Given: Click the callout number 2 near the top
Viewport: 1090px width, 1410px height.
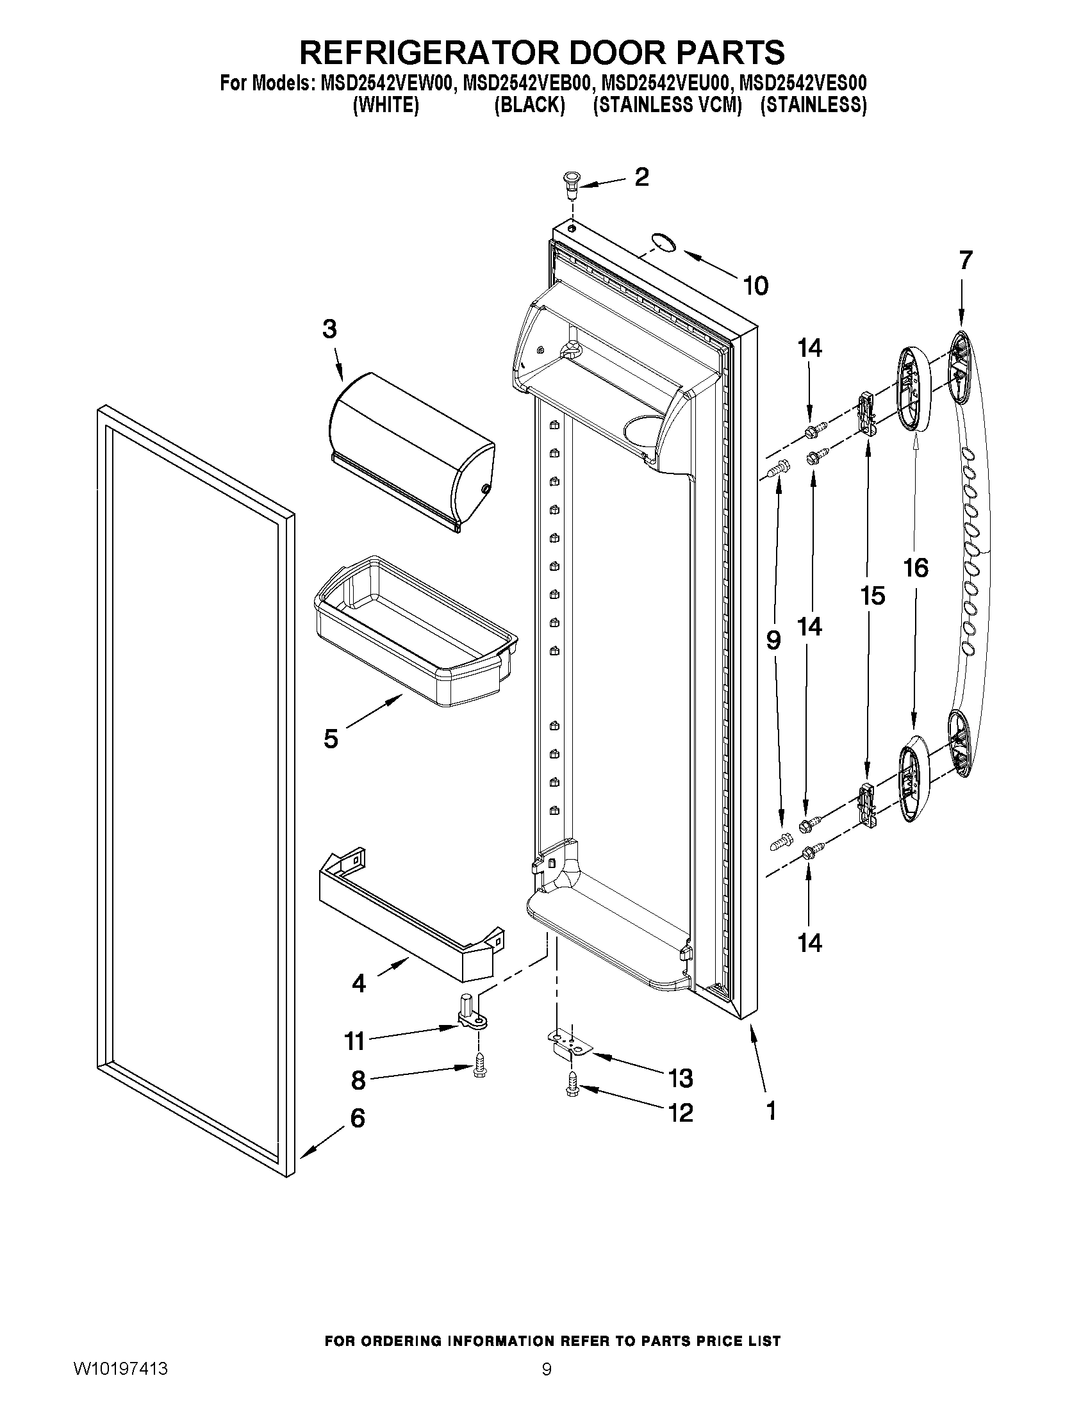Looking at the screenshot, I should tap(641, 177).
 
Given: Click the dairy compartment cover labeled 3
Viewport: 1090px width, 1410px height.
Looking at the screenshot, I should tap(411, 449).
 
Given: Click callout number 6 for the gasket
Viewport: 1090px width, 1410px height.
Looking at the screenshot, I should tap(357, 1117).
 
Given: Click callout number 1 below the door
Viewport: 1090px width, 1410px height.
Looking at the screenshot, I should tap(770, 1110).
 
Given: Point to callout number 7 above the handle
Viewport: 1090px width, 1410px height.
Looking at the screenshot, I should tap(964, 260).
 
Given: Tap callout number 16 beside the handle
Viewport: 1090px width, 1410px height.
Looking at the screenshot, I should tap(915, 568).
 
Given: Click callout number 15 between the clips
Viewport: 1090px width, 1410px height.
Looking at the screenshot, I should tap(871, 596).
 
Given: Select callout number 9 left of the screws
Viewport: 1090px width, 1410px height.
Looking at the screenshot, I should tap(773, 640).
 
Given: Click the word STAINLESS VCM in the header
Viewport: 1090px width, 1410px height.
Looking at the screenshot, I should tap(667, 105).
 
